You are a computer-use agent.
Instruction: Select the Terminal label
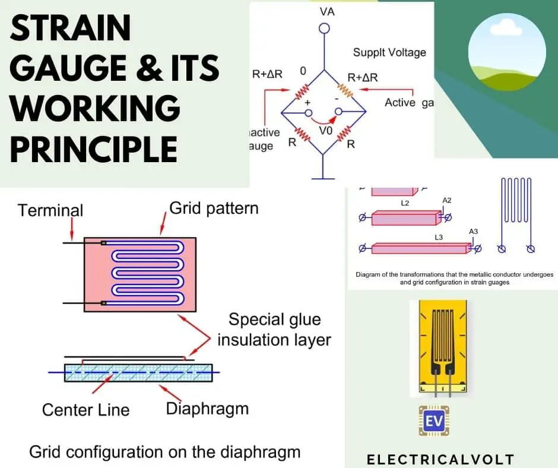[x=50, y=210]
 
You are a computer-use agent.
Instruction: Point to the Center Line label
[x=85, y=410]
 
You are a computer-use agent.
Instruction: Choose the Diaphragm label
[x=207, y=409]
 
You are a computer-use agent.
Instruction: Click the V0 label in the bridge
[x=326, y=131]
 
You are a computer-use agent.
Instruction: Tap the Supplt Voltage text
[x=389, y=52]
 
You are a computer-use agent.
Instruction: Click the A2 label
[x=447, y=201]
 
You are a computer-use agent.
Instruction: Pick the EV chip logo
[x=435, y=422]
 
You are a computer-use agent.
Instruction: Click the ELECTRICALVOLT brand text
[x=440, y=459]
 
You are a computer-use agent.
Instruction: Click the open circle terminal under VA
[x=324, y=28]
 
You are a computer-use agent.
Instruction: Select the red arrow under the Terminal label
[x=71, y=228]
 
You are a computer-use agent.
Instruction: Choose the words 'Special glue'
[x=274, y=320]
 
